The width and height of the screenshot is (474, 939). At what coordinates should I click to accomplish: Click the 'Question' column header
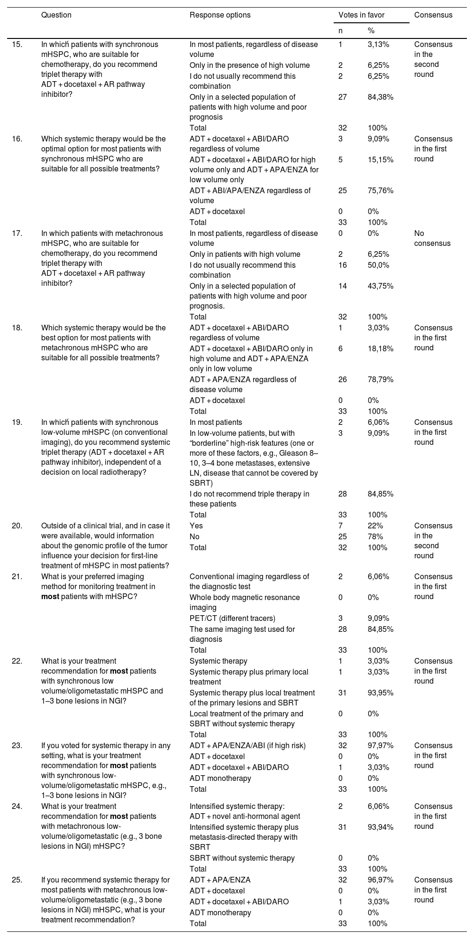[x=56, y=15]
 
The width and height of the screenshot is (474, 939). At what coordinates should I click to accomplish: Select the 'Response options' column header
[x=220, y=15]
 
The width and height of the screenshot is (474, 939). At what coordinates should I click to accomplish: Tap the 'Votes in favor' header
[x=361, y=15]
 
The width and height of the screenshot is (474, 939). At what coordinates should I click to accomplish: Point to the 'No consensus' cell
[x=432, y=238]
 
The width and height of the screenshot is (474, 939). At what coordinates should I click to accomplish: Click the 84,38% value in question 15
[x=380, y=97]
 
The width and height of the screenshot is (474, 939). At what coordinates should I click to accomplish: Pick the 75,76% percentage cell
[x=380, y=190]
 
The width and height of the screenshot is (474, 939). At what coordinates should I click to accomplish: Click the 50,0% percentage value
[x=379, y=265]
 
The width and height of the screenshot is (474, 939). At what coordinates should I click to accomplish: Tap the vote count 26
[x=343, y=379]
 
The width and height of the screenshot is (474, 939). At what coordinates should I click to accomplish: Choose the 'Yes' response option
[x=196, y=526]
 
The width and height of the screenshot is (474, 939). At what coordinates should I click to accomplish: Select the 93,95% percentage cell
[x=380, y=693]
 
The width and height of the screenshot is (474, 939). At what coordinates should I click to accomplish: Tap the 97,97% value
[x=380, y=745]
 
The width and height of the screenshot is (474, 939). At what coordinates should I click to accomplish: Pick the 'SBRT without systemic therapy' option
[x=242, y=858]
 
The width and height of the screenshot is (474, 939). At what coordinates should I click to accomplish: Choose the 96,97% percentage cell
[x=380, y=880]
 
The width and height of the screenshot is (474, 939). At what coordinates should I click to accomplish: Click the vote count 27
[x=343, y=97]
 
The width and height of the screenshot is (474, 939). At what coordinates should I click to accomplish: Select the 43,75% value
[x=380, y=286]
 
